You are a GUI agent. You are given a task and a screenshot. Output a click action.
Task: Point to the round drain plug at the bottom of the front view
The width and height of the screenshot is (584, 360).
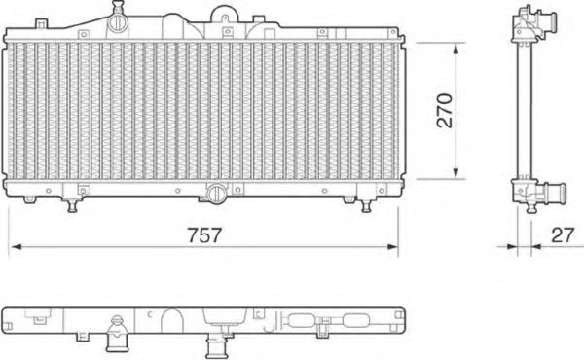coord(215,195)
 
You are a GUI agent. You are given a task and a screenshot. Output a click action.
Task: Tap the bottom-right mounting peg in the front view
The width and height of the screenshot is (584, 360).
coord(367,205)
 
